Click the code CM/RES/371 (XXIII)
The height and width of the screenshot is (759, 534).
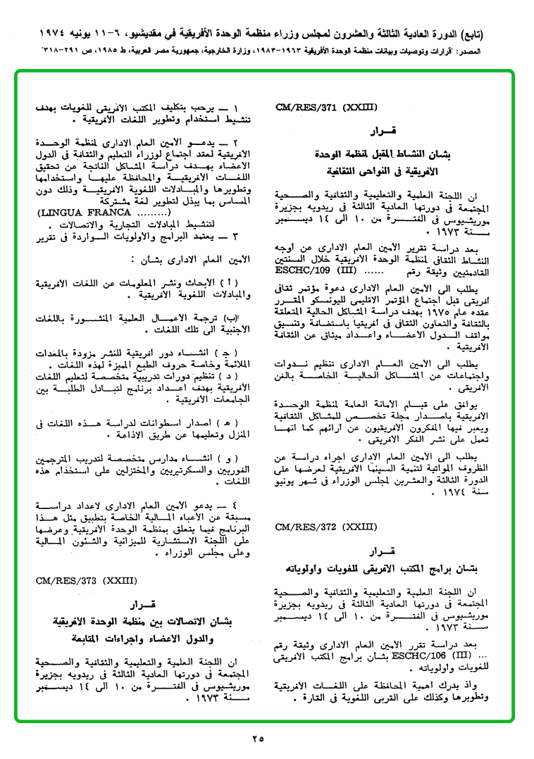[327, 108]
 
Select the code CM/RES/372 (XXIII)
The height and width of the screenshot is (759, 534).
[327, 527]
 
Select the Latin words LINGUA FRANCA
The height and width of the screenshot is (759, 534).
[85, 211]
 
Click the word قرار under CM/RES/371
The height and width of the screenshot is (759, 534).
[383, 132]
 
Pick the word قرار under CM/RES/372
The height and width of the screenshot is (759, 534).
[383, 549]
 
